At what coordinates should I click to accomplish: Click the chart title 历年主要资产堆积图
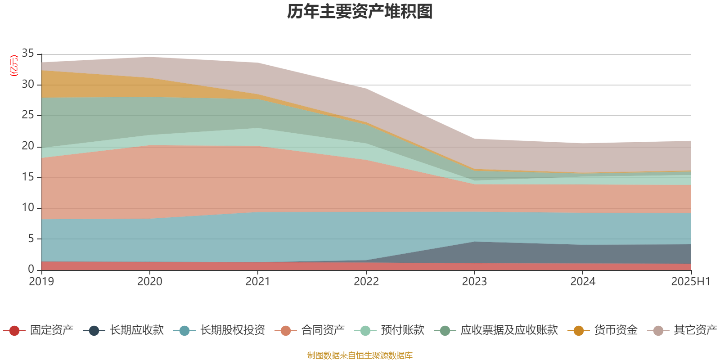(x=360, y=12)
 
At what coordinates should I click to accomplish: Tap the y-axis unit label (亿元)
(x=14, y=66)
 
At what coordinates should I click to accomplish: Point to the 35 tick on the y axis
(x=28, y=54)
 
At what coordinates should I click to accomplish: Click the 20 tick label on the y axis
(x=28, y=146)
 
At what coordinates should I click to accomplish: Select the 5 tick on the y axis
(x=31, y=238)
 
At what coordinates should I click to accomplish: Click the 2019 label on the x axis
(x=41, y=282)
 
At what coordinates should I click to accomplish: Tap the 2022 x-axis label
(x=366, y=282)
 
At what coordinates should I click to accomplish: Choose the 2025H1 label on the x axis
(x=690, y=282)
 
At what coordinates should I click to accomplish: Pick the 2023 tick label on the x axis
(x=474, y=282)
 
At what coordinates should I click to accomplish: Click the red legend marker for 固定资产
(x=14, y=331)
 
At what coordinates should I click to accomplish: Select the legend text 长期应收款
(x=136, y=330)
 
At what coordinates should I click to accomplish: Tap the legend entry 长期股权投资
(x=233, y=330)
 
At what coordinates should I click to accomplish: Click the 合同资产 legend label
(x=323, y=330)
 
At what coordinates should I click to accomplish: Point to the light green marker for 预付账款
(x=365, y=331)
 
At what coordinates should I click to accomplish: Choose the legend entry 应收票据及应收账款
(x=509, y=330)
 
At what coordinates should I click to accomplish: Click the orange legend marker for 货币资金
(x=579, y=331)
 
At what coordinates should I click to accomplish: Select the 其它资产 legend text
(x=695, y=330)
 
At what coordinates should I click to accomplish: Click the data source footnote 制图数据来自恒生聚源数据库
(x=360, y=355)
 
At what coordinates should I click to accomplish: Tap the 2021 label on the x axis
(x=257, y=282)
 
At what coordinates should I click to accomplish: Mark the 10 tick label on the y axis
(x=28, y=207)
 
